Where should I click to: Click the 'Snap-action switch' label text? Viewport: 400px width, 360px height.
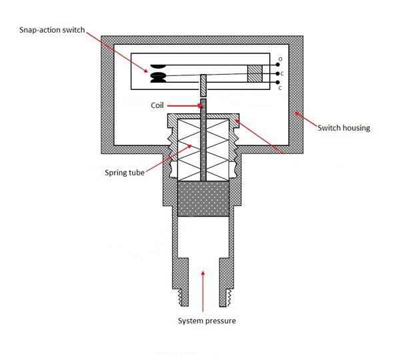coord(52,30)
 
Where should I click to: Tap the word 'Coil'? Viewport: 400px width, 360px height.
coord(157,105)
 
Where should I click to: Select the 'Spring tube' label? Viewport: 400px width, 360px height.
coord(125,173)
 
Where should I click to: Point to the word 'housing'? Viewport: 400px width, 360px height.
coord(356,128)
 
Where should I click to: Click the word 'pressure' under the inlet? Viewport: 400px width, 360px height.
coord(221,321)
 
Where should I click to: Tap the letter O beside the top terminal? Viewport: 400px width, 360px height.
coord(281,59)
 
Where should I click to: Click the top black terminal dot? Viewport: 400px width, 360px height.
coord(277,65)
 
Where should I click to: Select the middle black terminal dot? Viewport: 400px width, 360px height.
coord(277,74)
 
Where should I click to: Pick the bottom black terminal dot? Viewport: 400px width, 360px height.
coord(277,83)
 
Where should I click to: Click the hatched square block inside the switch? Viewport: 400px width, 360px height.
coord(255,73)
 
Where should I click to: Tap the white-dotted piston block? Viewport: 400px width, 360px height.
coord(203,199)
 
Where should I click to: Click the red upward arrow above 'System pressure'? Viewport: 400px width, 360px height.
coord(203,291)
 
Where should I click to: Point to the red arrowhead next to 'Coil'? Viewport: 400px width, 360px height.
coord(200,105)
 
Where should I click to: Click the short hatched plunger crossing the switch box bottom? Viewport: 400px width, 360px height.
coord(203,85)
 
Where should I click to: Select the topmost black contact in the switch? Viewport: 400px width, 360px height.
coord(158,66)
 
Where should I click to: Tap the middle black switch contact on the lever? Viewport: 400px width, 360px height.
coord(158,75)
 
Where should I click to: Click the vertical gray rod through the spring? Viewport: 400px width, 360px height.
coord(203,140)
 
